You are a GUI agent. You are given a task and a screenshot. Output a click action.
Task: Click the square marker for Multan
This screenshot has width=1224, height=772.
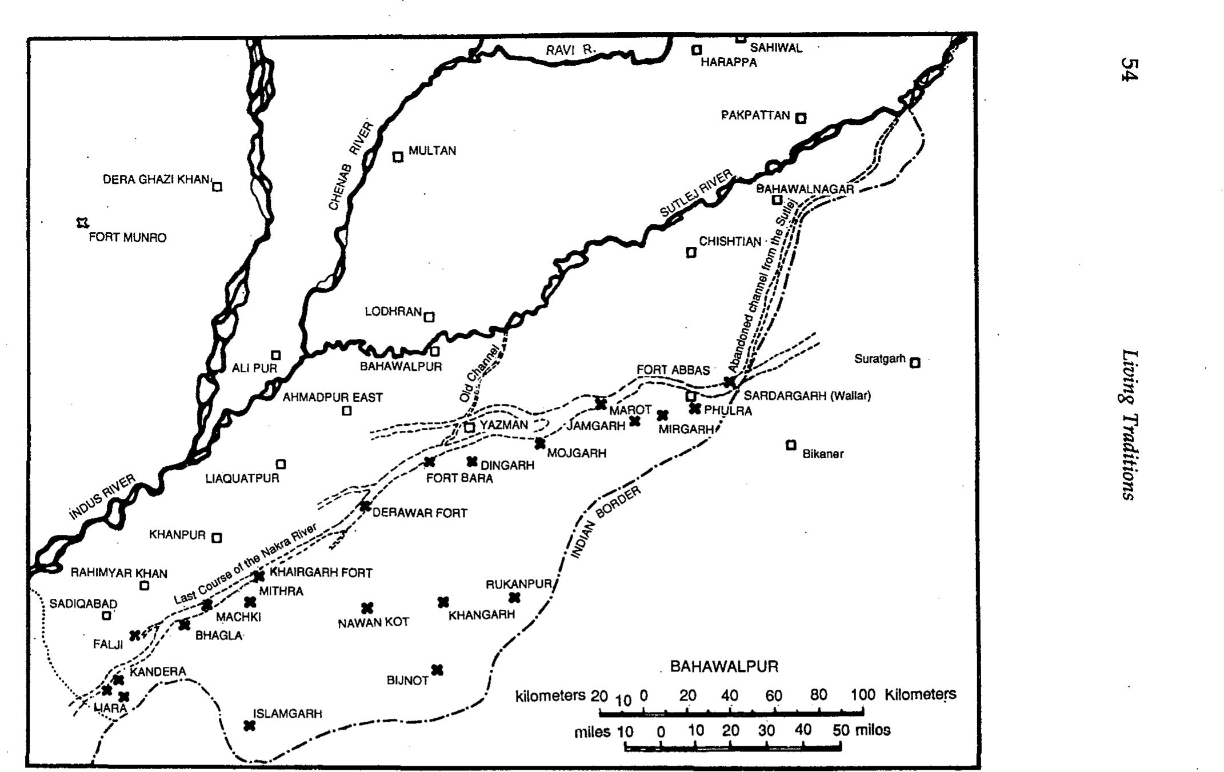click(398, 157)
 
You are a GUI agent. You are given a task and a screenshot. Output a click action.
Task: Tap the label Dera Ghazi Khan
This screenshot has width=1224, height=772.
click(156, 179)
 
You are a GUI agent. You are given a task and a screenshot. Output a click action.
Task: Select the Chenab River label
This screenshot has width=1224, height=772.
click(351, 166)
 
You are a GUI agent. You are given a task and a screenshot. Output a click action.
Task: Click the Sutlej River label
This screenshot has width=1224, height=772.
click(697, 193)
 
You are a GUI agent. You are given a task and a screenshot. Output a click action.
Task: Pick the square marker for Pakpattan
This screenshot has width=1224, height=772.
click(801, 118)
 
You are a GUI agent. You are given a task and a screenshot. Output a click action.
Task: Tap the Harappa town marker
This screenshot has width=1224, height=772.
click(697, 50)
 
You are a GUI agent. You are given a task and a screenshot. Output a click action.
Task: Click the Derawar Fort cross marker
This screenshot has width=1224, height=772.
click(365, 507)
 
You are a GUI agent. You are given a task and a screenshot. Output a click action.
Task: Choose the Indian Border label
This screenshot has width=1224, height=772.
click(605, 522)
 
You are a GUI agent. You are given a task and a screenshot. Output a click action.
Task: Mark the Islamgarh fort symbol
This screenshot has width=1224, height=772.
click(249, 725)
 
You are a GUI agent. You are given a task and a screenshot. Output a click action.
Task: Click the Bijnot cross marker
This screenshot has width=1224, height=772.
click(437, 670)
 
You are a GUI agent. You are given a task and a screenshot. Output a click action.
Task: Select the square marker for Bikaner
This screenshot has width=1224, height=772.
click(791, 445)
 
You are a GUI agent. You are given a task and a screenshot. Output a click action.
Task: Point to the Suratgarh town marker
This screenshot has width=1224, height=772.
click(915, 362)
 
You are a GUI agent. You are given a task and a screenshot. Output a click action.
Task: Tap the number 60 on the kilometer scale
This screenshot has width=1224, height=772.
click(774, 695)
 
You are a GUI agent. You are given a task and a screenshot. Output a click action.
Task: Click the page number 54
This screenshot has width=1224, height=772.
click(1129, 70)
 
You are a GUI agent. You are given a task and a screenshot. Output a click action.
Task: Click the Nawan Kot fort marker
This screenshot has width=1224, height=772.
click(367, 607)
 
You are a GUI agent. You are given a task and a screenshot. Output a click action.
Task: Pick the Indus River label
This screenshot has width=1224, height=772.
click(102, 497)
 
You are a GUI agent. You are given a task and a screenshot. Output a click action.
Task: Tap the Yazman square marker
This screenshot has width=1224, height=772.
click(469, 427)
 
